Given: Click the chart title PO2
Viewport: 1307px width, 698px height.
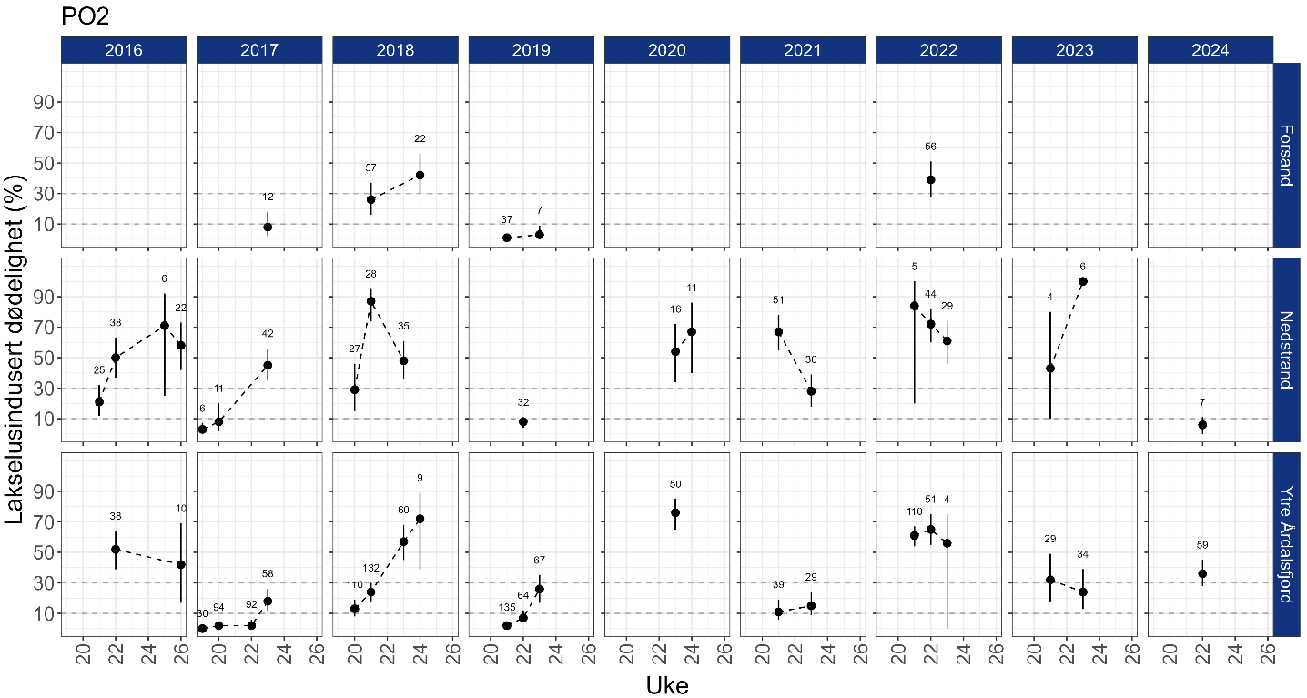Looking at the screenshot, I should (x=85, y=16).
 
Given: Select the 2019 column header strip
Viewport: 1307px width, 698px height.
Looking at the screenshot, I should (x=531, y=50).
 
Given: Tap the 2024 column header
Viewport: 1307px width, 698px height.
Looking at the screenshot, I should (x=1211, y=50).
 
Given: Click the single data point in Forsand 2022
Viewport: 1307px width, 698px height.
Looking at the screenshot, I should (x=930, y=179).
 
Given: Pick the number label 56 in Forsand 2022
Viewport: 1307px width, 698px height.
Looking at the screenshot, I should (x=930, y=147).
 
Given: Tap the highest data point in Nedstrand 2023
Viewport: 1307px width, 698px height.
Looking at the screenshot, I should (x=1083, y=281).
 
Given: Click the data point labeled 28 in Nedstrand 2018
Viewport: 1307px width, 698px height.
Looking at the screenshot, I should (x=371, y=301).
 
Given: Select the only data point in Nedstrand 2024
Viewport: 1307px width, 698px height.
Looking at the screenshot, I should (x=1202, y=424).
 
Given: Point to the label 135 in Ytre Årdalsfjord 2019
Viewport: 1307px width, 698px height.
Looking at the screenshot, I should (x=507, y=607).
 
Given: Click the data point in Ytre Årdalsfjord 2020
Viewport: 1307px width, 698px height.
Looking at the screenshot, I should (x=675, y=512).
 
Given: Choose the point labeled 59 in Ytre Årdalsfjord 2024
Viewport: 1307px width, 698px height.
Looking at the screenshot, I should (x=1202, y=573).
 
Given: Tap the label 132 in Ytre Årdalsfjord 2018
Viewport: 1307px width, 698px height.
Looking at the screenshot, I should (x=371, y=569).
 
